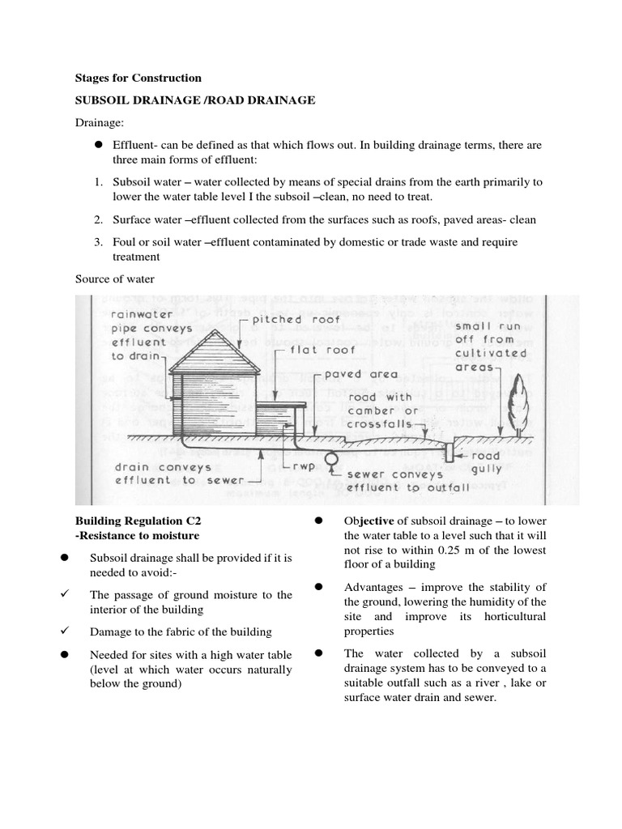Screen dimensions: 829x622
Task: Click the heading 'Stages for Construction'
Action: (x=138, y=78)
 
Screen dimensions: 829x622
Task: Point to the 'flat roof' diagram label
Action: (x=310, y=352)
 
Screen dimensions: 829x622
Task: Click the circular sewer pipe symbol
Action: (x=331, y=458)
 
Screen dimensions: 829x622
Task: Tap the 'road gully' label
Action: (x=486, y=461)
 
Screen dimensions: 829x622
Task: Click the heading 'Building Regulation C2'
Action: (x=137, y=521)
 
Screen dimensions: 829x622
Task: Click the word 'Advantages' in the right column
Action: (x=374, y=587)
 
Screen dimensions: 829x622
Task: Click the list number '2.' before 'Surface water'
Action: (x=97, y=219)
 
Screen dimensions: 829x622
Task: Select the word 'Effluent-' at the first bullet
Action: (x=135, y=144)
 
